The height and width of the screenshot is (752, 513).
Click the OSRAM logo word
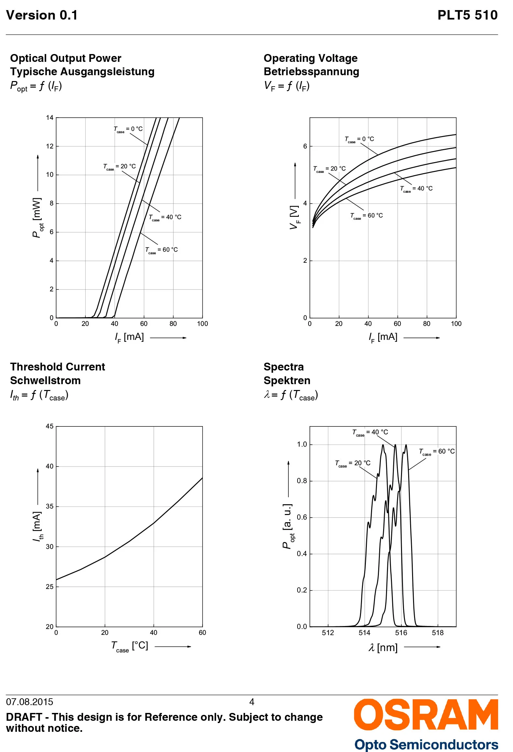click(x=426, y=715)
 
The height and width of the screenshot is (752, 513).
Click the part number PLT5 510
click(x=467, y=15)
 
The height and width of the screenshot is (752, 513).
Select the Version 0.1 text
click(x=42, y=15)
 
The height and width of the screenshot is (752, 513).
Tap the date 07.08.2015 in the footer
click(x=30, y=702)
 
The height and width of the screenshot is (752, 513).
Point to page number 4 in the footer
click(x=252, y=702)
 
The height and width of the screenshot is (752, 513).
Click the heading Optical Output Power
click(x=65, y=58)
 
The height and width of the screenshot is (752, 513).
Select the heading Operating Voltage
click(x=310, y=58)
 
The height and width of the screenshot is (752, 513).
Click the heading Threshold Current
click(x=57, y=367)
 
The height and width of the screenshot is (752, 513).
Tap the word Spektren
click(x=287, y=381)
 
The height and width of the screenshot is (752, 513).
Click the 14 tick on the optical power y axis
click(x=49, y=118)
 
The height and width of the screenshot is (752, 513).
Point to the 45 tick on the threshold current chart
click(x=49, y=426)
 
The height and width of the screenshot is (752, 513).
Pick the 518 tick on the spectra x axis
click(x=437, y=633)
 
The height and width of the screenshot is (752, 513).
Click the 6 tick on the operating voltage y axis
click(x=305, y=146)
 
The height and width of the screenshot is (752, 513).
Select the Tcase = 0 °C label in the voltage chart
click(x=359, y=139)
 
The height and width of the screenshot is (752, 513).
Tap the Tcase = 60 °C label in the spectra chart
click(x=437, y=452)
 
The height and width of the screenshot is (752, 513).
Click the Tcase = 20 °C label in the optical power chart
click(x=119, y=167)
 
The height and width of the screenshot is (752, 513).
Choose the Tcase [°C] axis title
click(x=130, y=646)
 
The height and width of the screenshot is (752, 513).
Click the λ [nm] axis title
click(x=383, y=648)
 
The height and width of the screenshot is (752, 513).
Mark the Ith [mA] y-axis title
click(x=38, y=526)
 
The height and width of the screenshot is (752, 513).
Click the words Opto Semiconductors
click(x=426, y=745)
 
